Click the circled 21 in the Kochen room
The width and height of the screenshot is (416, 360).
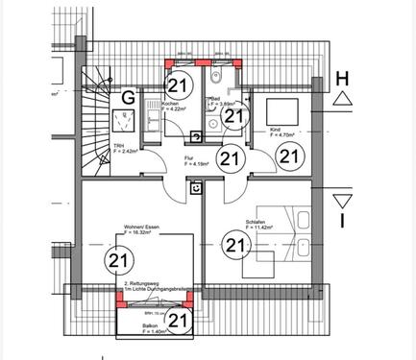(179, 84)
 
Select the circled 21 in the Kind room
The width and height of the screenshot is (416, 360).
(289, 155)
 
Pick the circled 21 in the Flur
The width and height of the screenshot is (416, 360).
(229, 157)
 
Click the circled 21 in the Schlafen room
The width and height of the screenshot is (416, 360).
(234, 245)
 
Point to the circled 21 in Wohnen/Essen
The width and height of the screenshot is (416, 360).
(119, 259)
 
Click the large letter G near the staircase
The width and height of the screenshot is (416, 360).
(127, 96)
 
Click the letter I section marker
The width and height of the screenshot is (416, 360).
(342, 224)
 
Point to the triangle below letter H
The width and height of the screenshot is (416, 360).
(342, 99)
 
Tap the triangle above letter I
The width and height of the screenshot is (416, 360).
(342, 201)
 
